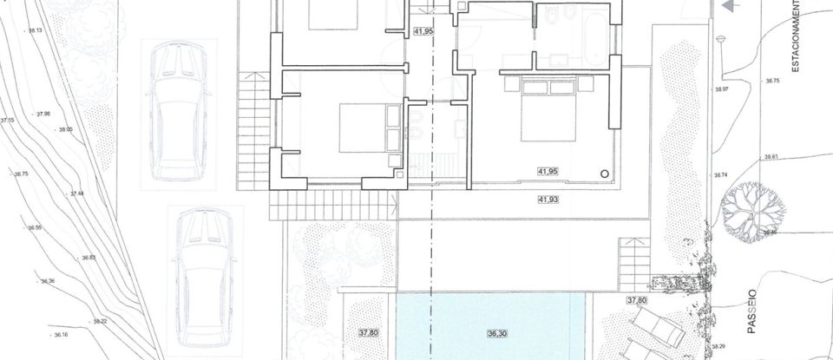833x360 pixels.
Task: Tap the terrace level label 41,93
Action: pyautogui.click(x=548, y=200)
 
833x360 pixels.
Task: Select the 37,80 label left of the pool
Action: pyautogui.click(x=369, y=332)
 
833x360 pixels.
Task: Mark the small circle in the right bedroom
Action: pyautogui.click(x=605, y=173)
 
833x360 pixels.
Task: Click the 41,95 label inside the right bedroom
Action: pyautogui.click(x=548, y=172)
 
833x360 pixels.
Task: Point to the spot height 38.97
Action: pyautogui.click(x=718, y=89)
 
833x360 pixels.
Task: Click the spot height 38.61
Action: pyautogui.click(x=771, y=158)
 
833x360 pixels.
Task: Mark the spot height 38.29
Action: pyautogui.click(x=718, y=345)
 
